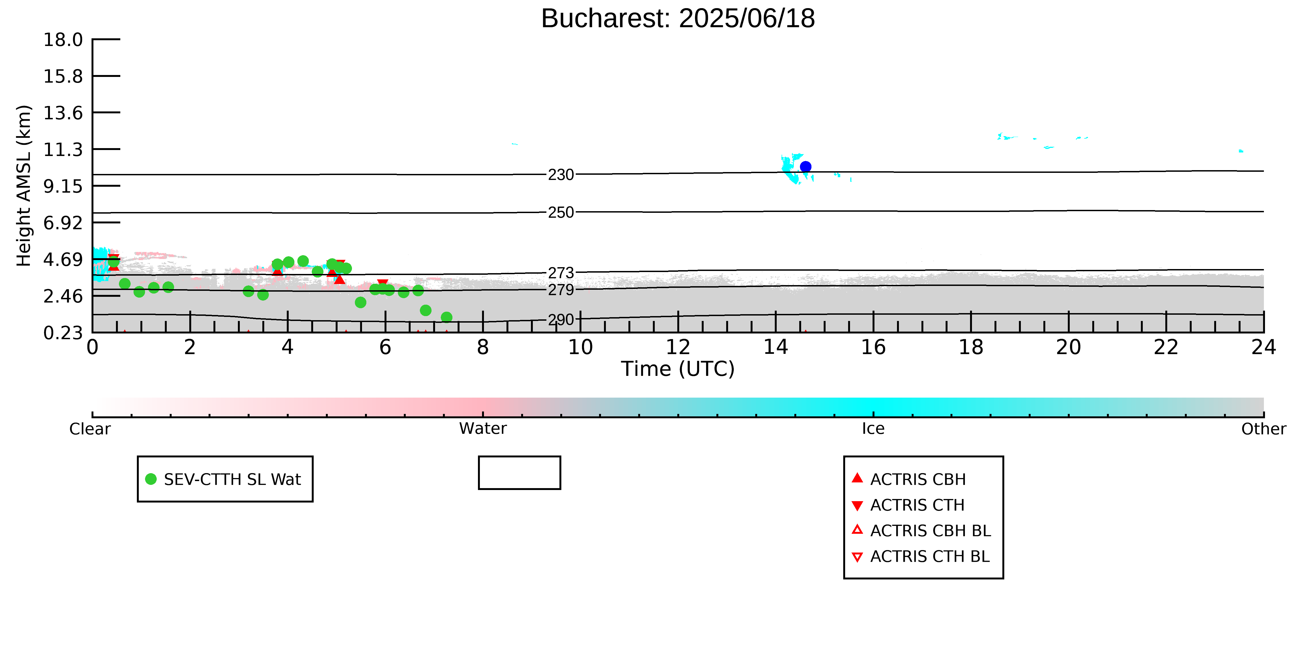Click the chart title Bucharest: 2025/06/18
pyautogui.click(x=678, y=19)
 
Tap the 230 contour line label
pyautogui.click(x=561, y=175)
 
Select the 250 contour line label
pyautogui.click(x=561, y=212)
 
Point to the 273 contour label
pyautogui.click(x=561, y=273)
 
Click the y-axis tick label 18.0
pyautogui.click(x=63, y=39)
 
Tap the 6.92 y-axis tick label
pyautogui.click(x=63, y=223)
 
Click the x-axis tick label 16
pyautogui.click(x=874, y=347)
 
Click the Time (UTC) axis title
pyautogui.click(x=678, y=369)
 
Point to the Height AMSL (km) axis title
pyautogui.click(x=24, y=186)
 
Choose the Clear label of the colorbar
pyautogui.click(x=90, y=429)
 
